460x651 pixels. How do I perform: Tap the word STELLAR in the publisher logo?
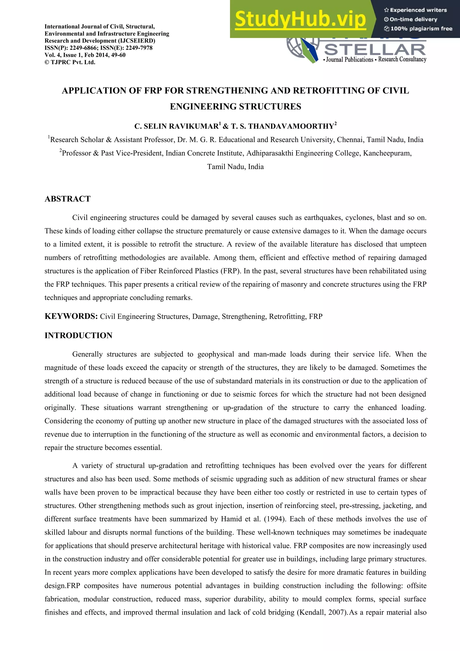[x=375, y=50]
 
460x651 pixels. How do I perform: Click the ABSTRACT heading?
[x=67, y=199]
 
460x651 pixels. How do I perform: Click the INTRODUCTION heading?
[x=78, y=336]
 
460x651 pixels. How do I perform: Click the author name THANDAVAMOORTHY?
[x=291, y=126]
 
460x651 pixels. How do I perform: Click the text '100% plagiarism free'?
[x=421, y=29]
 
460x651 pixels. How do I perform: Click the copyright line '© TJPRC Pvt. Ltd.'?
[x=70, y=62]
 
